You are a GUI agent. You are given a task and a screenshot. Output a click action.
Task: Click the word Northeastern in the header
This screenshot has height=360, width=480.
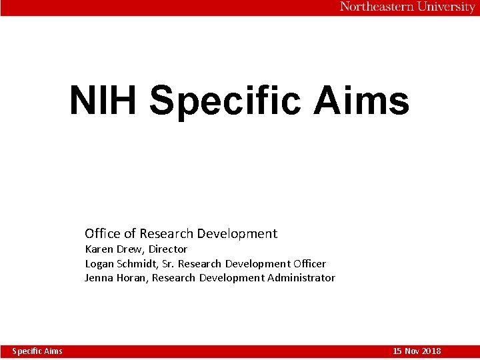[x=377, y=7]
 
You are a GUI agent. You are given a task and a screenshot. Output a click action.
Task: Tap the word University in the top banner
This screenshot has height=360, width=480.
[x=446, y=7]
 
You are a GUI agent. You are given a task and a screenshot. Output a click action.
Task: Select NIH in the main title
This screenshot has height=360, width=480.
[x=104, y=101]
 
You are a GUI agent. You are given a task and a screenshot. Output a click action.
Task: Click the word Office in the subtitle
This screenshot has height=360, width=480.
[x=103, y=233]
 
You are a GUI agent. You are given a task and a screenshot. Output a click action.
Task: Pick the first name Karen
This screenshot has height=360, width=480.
[x=99, y=249]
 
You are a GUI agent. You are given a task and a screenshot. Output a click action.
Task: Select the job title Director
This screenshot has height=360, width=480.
[x=168, y=249]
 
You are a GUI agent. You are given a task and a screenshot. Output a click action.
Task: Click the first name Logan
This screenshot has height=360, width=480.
[x=99, y=263]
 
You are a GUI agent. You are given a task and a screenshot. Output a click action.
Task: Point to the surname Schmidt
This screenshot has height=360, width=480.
[x=137, y=263]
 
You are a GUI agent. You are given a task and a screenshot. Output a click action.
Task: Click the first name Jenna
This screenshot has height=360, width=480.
[x=99, y=278]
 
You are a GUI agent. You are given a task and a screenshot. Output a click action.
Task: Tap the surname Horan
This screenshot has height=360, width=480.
[x=133, y=278]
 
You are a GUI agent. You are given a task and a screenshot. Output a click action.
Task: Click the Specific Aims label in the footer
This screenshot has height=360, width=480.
[x=37, y=351]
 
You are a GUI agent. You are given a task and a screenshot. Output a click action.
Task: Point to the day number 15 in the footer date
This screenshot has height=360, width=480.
[x=398, y=351]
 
